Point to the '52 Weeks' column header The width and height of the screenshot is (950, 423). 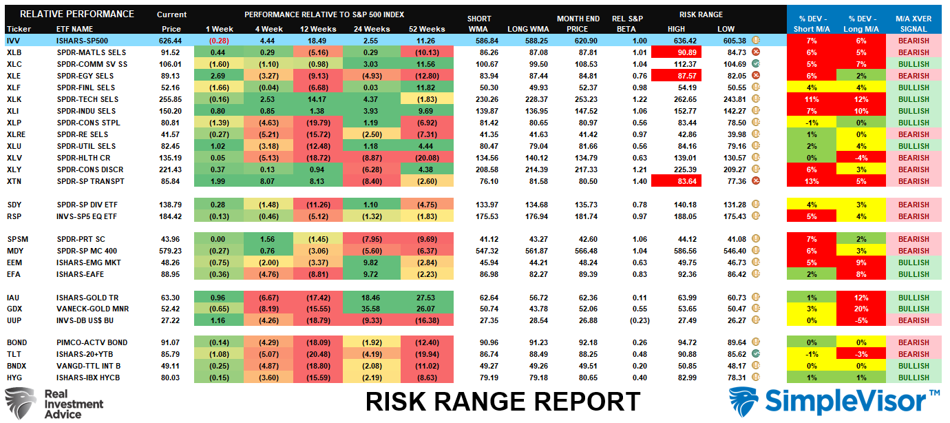point(427,29)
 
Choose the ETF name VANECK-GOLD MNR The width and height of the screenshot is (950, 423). point(92,309)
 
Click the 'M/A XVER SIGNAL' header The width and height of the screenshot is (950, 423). point(914,22)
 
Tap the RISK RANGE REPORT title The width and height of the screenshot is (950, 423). point(503,402)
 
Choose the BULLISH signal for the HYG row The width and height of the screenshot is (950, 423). point(914,378)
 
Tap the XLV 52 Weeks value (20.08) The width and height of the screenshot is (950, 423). point(427,157)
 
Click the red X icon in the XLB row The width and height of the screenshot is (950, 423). point(756,52)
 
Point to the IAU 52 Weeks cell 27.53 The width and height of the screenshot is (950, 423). point(427,297)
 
